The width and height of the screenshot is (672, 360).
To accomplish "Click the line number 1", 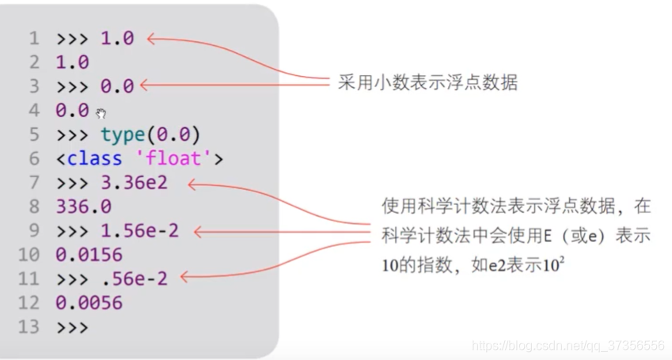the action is (x=33, y=38).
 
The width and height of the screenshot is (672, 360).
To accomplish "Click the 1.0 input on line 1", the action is (x=117, y=38).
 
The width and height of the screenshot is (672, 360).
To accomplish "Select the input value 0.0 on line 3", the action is (x=117, y=86).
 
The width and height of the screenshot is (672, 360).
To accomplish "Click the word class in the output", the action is (x=94, y=159).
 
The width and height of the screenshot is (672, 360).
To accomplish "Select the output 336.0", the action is (x=83, y=207).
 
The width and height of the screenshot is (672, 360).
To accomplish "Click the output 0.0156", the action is (x=89, y=255).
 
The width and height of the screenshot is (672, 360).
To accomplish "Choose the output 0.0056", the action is (x=89, y=302).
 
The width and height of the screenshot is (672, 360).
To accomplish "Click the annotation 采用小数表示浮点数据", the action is (x=427, y=82).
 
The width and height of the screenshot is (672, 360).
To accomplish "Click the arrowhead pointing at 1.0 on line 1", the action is (x=151, y=37).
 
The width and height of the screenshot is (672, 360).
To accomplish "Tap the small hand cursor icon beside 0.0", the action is (x=101, y=113).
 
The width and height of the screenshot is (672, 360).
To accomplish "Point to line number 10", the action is (x=28, y=255).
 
